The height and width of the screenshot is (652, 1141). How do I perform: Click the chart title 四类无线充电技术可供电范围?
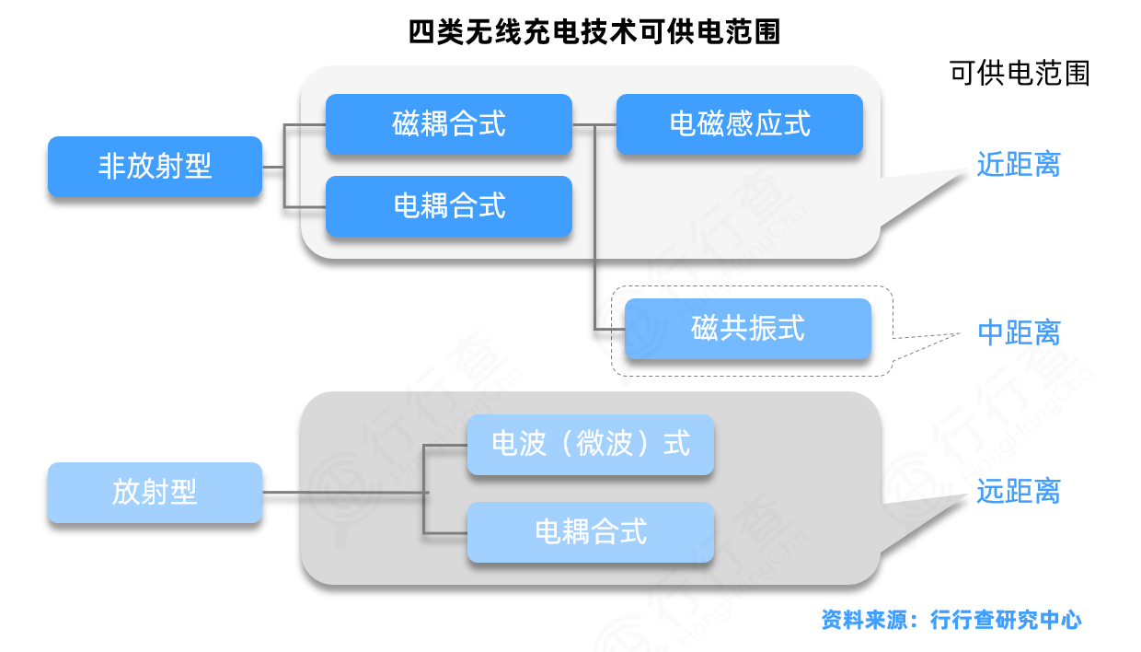pyautogui.click(x=594, y=32)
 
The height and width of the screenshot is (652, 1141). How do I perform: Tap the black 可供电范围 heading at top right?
pyautogui.click(x=1020, y=74)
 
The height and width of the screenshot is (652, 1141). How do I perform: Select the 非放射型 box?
pyautogui.click(x=155, y=167)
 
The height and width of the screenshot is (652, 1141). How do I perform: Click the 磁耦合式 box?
pyautogui.click(x=449, y=124)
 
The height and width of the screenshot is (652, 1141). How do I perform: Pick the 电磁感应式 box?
pyautogui.click(x=740, y=124)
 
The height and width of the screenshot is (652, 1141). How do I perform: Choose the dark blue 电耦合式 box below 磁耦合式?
pyautogui.click(x=449, y=206)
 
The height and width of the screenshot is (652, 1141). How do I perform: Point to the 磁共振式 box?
pyautogui.click(x=748, y=329)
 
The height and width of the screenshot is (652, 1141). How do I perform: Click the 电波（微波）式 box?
pyautogui.click(x=591, y=445)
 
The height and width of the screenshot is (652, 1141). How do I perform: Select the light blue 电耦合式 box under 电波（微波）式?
pyautogui.click(x=591, y=532)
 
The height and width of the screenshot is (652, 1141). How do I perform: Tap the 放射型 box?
pyautogui.click(x=155, y=493)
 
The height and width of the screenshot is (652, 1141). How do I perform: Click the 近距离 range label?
pyautogui.click(x=1019, y=166)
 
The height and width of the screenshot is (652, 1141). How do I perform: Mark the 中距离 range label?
pyautogui.click(x=1019, y=333)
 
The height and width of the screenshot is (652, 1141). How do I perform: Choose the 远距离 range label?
pyautogui.click(x=1019, y=493)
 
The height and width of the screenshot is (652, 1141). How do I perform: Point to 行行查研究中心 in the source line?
pyautogui.click(x=1006, y=620)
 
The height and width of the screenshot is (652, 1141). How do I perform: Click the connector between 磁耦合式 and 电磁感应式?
pyautogui.click(x=594, y=124)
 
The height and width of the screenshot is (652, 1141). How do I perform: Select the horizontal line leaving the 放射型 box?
pyautogui.click(x=345, y=494)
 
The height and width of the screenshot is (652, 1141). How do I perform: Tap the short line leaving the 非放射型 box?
pyautogui.click(x=273, y=167)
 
